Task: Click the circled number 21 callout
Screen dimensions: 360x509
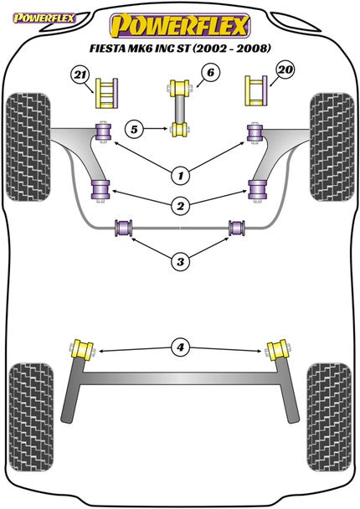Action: tap(80, 75)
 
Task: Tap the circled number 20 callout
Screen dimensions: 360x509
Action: tap(285, 70)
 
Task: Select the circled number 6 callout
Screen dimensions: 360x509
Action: tap(210, 72)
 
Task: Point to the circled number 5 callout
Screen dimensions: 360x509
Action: tap(134, 130)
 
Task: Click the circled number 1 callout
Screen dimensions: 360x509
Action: tap(181, 176)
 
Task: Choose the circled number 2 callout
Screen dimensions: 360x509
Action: tap(181, 206)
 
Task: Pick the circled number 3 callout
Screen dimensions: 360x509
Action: tap(181, 261)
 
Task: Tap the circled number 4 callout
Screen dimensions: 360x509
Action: tap(181, 347)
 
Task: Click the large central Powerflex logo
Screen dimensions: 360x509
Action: tap(180, 26)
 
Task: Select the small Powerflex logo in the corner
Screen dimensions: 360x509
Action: tap(44, 18)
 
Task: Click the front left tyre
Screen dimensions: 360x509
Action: tap(28, 147)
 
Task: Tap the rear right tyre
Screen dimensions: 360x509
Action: tap(329, 417)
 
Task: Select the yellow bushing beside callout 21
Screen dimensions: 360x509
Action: tap(106, 93)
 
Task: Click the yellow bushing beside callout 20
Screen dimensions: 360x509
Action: tap(256, 90)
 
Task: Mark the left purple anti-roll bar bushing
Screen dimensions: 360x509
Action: tap(124, 228)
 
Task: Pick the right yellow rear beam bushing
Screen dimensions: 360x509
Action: tap(278, 350)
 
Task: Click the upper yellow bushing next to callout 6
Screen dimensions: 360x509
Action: tap(179, 87)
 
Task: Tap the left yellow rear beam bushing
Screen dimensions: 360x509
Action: tap(82, 350)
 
